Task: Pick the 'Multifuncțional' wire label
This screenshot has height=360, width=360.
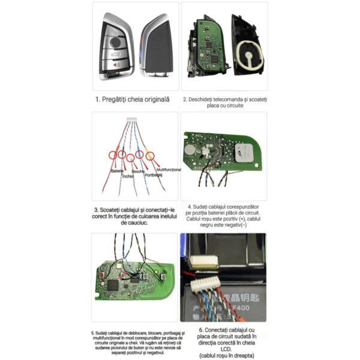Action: coord(168,170)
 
